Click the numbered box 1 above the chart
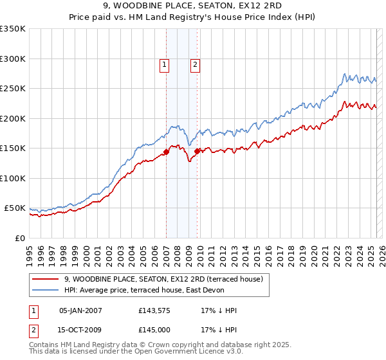[x=165, y=64]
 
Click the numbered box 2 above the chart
[x=194, y=64]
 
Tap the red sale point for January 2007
[x=166, y=152]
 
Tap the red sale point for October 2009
[x=198, y=151]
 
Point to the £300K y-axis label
[x=12, y=59]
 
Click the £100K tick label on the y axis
[x=12, y=178]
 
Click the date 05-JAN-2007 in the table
[x=80, y=310]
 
